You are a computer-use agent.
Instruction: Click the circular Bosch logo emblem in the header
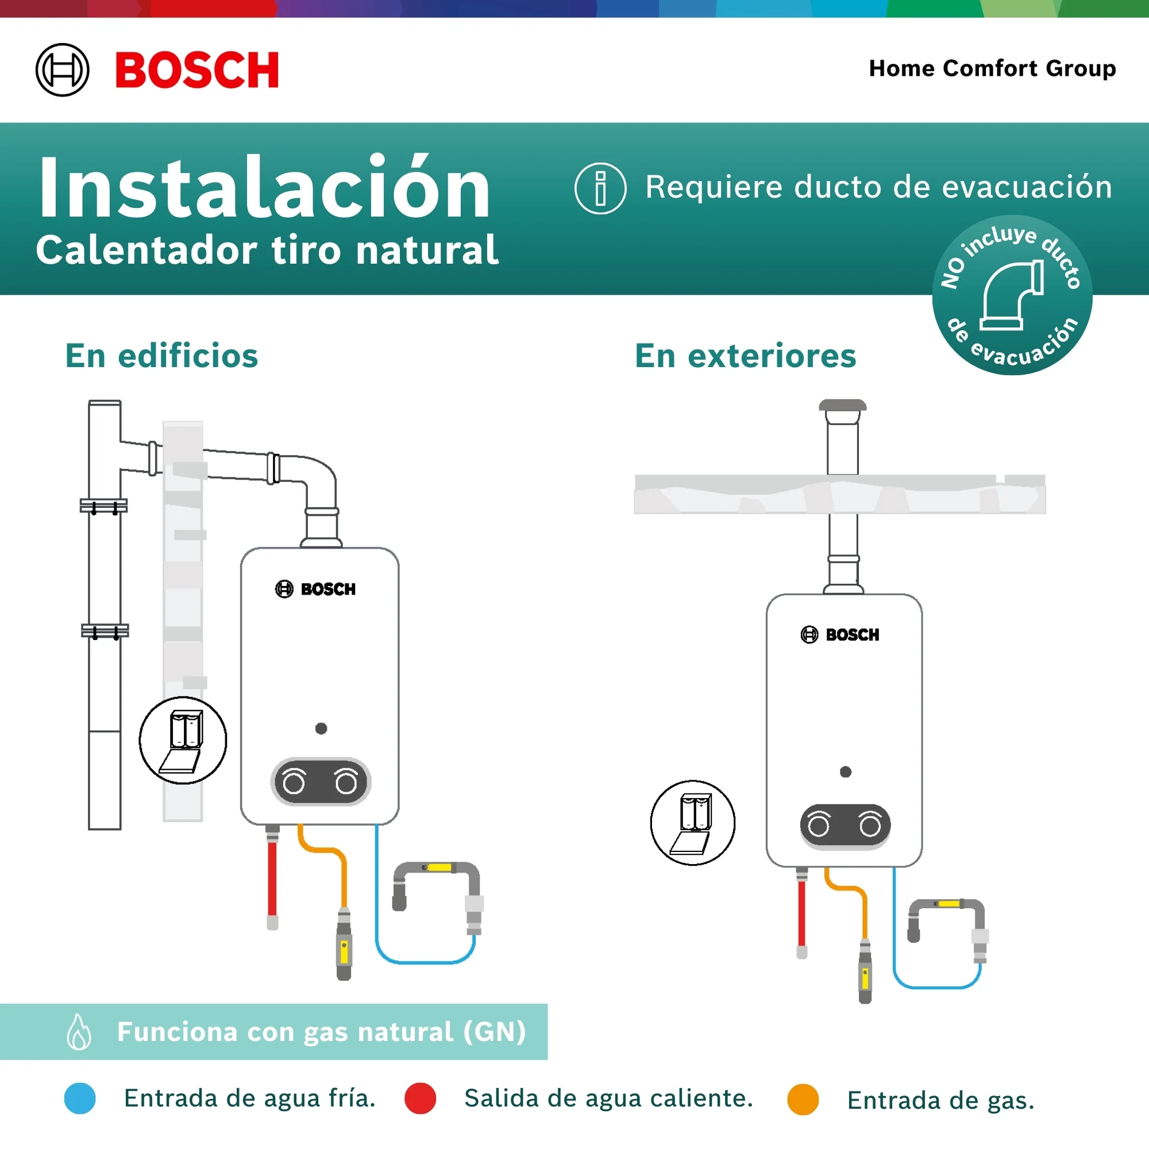[x=63, y=70]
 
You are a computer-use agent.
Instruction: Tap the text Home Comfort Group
[x=992, y=68]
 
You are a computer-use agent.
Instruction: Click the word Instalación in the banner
[x=264, y=188]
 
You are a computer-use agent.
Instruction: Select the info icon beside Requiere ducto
[x=600, y=188]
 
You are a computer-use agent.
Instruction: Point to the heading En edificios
[x=162, y=356]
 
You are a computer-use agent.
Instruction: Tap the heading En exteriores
[x=745, y=356]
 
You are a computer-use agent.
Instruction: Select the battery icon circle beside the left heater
[x=183, y=740]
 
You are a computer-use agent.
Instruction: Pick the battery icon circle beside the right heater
[x=693, y=823]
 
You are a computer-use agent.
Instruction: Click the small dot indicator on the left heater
[x=321, y=728]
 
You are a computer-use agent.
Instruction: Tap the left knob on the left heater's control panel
[x=294, y=782]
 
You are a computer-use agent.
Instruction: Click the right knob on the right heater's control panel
[x=870, y=826]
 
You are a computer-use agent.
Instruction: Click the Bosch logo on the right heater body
[x=840, y=635]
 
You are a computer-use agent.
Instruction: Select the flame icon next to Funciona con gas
[x=79, y=1032]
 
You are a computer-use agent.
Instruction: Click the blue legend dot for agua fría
[x=80, y=1098]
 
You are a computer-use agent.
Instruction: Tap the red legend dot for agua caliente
[x=420, y=1098]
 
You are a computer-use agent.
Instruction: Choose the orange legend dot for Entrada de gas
[x=803, y=1100]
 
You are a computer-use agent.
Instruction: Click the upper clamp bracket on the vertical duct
[x=104, y=506]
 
